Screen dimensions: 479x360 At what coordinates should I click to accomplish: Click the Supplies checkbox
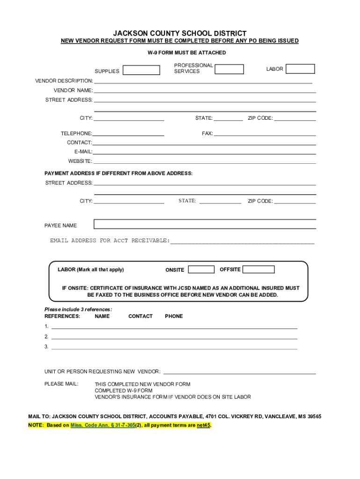141,70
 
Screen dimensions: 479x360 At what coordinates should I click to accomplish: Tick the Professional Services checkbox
229,69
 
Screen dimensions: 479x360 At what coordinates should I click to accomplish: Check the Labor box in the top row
300,69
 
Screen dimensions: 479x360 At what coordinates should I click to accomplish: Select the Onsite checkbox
201,269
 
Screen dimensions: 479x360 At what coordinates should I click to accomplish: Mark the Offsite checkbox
259,269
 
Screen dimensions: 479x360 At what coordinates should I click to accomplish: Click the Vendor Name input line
205,91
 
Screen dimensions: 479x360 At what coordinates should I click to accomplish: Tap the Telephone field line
128,134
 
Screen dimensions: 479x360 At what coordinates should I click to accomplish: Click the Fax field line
265,134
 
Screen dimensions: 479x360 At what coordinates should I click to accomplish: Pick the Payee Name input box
205,224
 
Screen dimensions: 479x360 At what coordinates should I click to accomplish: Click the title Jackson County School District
180,34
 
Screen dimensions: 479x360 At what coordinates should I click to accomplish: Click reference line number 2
174,337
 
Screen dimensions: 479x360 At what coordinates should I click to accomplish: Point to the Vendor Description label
64,81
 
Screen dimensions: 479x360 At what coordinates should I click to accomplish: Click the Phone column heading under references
174,316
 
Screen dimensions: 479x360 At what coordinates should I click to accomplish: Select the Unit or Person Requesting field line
239,372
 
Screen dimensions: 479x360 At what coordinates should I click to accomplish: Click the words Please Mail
62,384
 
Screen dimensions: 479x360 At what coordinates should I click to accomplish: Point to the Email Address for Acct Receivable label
110,240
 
